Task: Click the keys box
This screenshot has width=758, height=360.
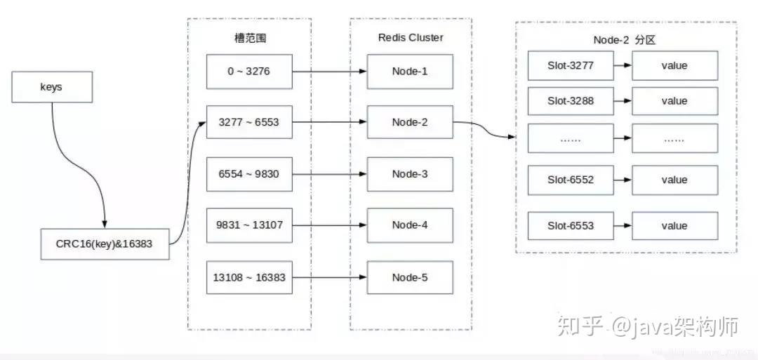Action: [51, 88]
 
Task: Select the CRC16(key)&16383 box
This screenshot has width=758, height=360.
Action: [105, 244]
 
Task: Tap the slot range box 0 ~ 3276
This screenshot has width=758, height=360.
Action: [249, 72]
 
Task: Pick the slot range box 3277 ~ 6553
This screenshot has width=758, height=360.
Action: [249, 123]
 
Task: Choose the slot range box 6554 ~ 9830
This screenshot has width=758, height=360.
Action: [249, 174]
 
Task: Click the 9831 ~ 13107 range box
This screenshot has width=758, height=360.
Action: [249, 225]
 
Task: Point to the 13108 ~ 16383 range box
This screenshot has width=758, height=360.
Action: [249, 277]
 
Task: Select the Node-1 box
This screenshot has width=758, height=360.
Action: [410, 72]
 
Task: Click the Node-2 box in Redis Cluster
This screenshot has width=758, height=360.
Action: [410, 123]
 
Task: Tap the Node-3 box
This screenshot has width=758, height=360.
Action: [410, 174]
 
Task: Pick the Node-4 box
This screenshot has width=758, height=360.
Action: [410, 225]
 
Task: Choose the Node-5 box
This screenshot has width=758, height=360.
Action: [410, 277]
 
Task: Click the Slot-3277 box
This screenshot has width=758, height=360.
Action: [571, 66]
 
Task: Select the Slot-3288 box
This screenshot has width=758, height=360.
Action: [571, 101]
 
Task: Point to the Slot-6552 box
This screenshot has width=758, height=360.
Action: [571, 180]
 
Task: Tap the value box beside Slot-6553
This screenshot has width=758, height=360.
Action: [674, 226]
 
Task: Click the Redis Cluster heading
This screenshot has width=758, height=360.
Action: [411, 38]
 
